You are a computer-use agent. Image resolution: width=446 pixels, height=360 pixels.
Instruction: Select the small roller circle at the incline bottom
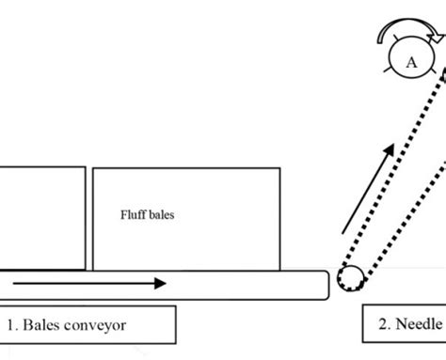[x=351, y=281]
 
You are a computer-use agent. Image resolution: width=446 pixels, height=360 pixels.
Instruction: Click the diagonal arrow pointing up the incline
[x=364, y=196]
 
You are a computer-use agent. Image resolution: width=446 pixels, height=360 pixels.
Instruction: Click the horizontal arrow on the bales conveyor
[x=90, y=282]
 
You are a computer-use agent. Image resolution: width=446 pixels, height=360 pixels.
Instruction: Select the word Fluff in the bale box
[x=133, y=214]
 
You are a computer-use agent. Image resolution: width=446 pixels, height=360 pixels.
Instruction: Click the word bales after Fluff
[x=162, y=214]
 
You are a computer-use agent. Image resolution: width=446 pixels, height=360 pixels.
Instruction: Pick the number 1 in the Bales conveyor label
[x=12, y=325]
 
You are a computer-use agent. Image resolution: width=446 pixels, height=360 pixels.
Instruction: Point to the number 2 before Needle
[x=384, y=324]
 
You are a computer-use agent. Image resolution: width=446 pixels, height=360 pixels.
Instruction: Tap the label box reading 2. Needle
[x=405, y=324]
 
